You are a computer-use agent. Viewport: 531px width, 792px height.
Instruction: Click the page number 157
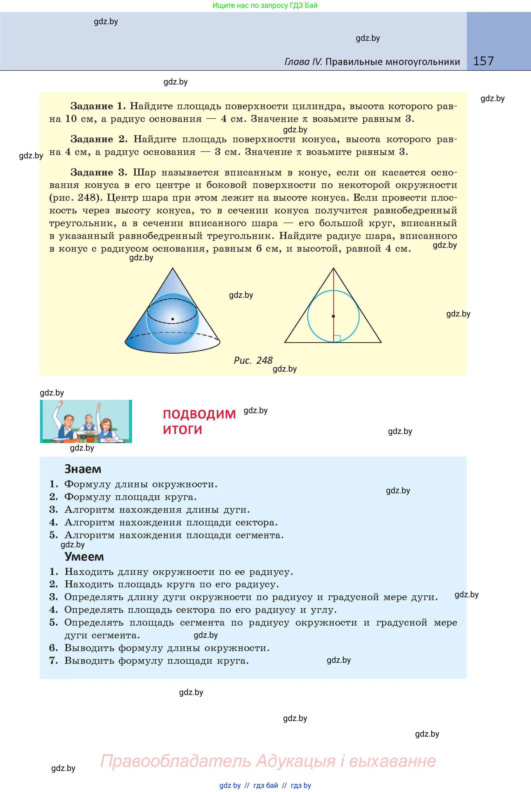click(483, 61)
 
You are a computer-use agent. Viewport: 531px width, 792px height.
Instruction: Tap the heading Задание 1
click(98, 106)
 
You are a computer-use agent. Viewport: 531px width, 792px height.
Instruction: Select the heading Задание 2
click(99, 139)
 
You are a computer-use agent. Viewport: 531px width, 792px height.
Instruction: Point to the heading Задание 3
click(99, 172)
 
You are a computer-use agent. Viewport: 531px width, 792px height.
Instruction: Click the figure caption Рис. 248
click(253, 360)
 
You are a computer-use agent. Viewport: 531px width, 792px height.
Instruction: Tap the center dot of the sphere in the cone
click(173, 319)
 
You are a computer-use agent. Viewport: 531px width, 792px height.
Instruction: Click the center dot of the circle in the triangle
click(333, 316)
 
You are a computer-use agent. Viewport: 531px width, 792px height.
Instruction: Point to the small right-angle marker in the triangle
click(337, 339)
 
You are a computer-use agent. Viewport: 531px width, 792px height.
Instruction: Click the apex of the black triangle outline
click(333, 268)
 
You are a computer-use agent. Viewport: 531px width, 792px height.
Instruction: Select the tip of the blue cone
click(173, 269)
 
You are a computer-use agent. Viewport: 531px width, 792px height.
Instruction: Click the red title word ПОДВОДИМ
click(199, 414)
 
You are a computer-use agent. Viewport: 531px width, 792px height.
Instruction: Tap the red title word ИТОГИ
click(182, 430)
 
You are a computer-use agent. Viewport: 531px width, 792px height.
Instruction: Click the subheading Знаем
click(83, 469)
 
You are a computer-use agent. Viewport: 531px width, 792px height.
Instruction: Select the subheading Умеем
click(84, 557)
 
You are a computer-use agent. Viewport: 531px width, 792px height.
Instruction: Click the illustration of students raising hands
click(86, 421)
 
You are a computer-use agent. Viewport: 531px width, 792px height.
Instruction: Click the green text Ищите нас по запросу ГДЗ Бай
click(265, 5)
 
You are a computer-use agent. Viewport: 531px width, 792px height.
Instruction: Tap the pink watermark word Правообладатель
click(175, 761)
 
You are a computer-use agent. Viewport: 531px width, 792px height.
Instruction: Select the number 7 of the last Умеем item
click(53, 661)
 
